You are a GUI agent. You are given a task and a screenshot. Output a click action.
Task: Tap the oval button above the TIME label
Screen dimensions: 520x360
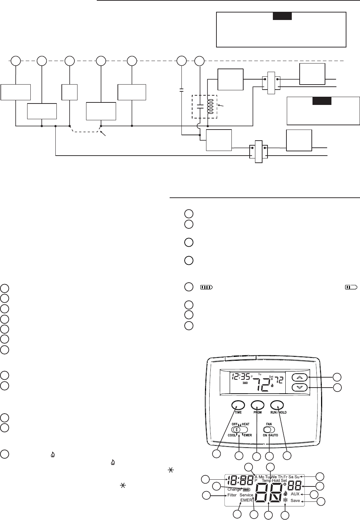[238, 405]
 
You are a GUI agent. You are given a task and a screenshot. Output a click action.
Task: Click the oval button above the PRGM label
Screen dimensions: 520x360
[257, 405]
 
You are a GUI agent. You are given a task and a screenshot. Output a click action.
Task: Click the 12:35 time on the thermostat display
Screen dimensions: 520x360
[240, 376]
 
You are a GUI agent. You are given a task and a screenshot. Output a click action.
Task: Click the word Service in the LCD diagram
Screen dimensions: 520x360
[246, 495]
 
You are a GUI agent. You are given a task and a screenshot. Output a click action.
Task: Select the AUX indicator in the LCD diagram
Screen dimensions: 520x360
[295, 494]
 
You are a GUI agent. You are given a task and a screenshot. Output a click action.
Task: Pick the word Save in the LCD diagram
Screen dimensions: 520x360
[295, 501]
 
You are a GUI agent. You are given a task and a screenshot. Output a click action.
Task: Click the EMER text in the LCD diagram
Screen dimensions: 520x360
[246, 500]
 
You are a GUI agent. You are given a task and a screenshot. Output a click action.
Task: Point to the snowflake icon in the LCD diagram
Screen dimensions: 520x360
[285, 500]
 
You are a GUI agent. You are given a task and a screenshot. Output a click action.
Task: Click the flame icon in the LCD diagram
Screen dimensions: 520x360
[285, 493]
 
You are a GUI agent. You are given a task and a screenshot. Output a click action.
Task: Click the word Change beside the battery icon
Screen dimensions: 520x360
[234, 489]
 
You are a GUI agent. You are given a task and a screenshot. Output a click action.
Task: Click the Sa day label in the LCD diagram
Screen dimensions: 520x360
[291, 477]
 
